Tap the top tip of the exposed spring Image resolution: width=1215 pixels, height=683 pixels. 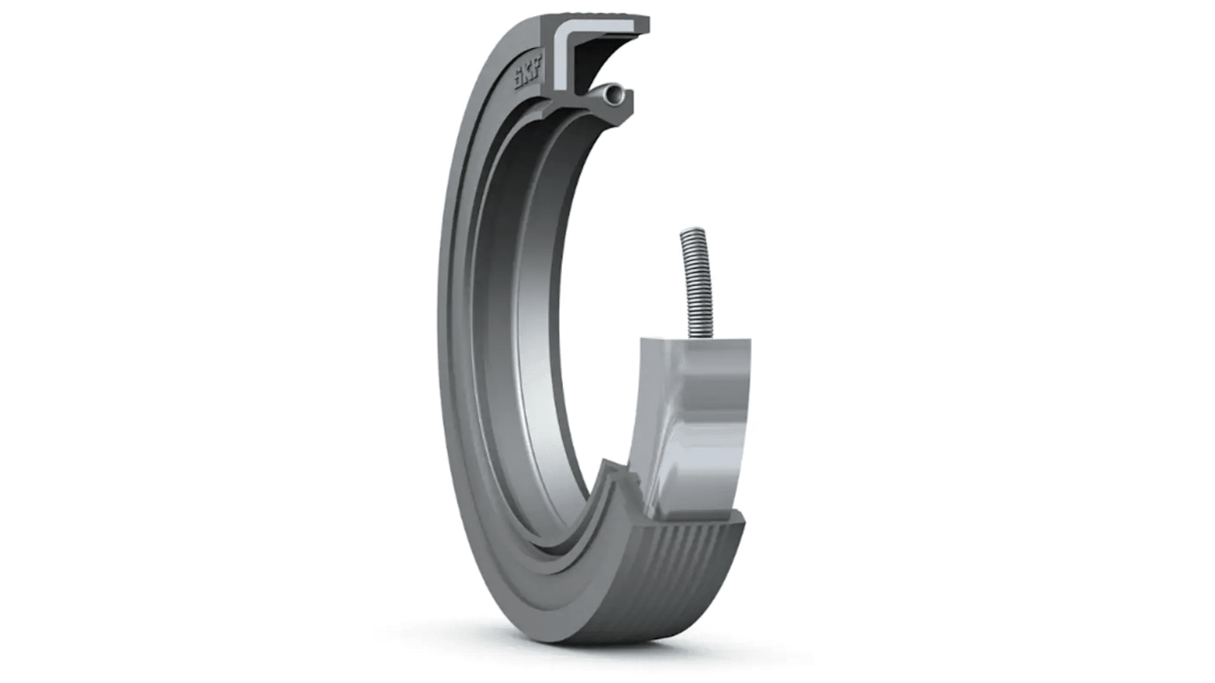point(691,233)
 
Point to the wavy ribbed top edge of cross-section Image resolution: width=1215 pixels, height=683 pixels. point(599,19)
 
